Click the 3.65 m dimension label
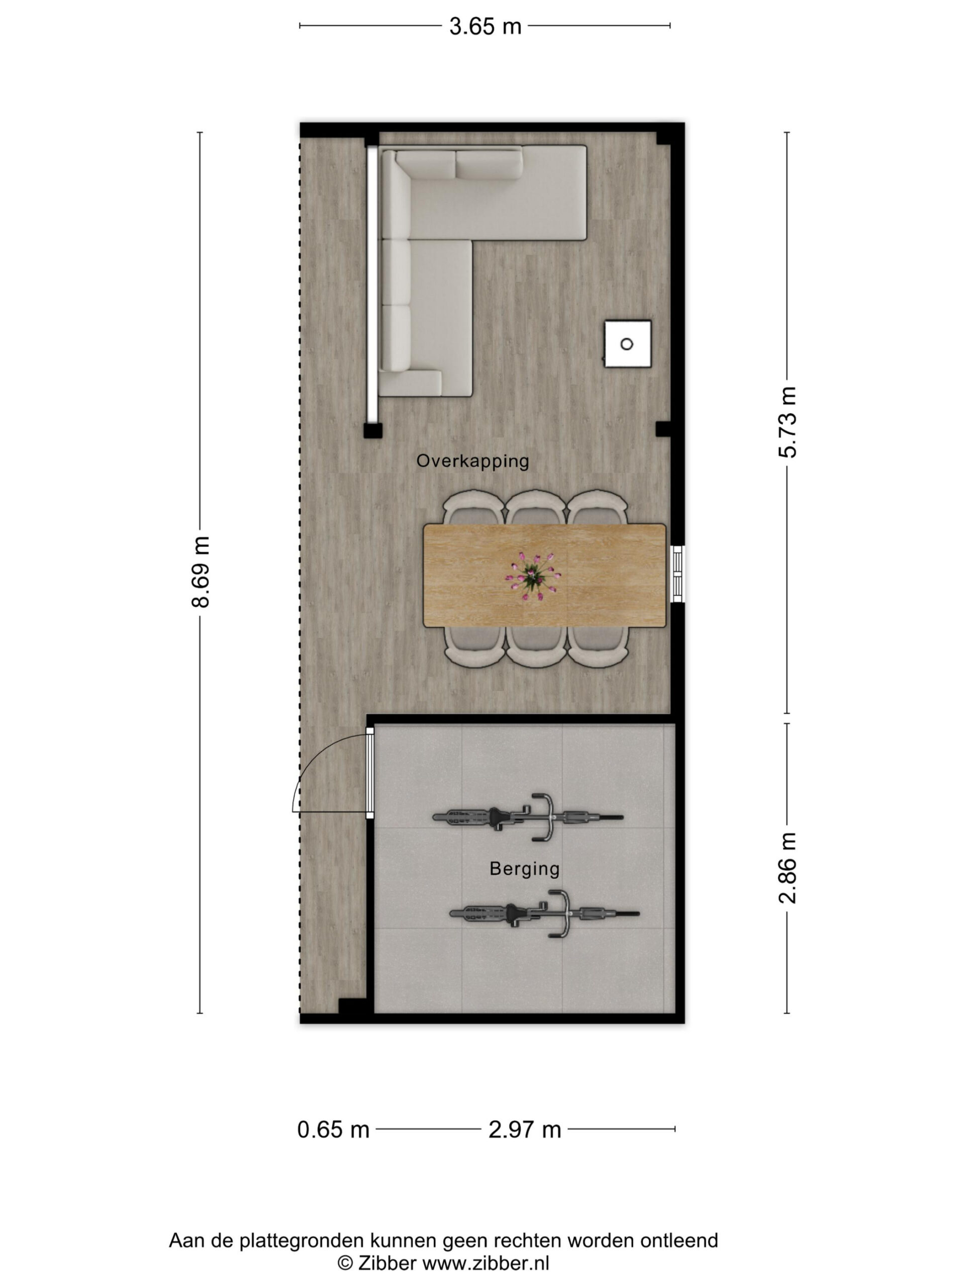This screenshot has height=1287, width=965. pyautogui.click(x=485, y=26)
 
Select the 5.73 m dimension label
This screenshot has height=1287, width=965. pyautogui.click(x=787, y=422)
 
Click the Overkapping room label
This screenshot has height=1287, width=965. pyautogui.click(x=472, y=462)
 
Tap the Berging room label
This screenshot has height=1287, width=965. pyautogui.click(x=524, y=869)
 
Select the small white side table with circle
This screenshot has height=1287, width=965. pyautogui.click(x=628, y=344)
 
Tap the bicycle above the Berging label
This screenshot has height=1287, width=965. pyautogui.click(x=528, y=816)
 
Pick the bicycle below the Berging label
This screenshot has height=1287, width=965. pyautogui.click(x=544, y=913)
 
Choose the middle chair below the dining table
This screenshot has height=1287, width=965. pyautogui.click(x=535, y=645)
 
